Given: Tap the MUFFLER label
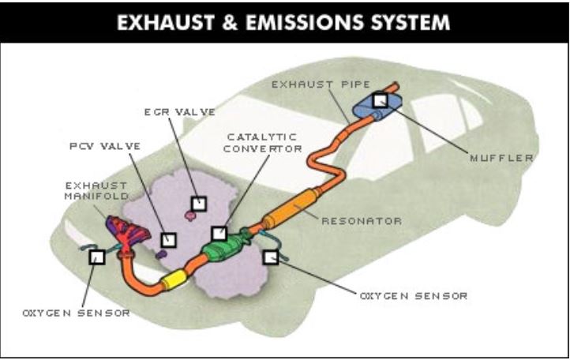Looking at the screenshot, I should tap(502, 158).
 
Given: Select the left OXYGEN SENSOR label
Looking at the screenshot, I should tap(76, 313).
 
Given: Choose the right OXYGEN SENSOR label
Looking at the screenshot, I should tap(414, 296).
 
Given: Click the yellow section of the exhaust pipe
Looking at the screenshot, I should tap(173, 279).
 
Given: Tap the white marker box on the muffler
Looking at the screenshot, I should tap(381, 100).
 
